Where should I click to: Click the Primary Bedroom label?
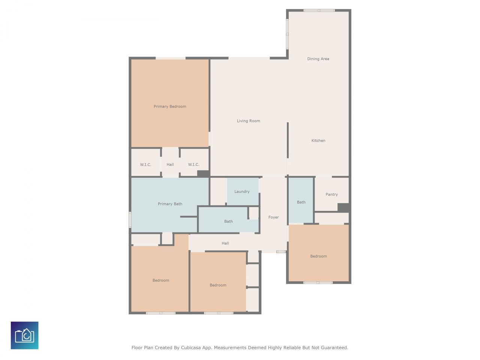tap(170, 106)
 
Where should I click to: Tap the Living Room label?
tap(248, 121)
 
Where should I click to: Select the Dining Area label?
tap(318, 59)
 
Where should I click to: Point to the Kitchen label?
tap(318, 141)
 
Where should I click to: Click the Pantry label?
tap(331, 195)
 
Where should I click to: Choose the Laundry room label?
tap(242, 192)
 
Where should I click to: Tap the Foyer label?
tap(273, 217)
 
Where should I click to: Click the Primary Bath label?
tap(170, 204)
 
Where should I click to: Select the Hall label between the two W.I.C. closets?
tap(170, 165)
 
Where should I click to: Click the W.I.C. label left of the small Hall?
tap(145, 165)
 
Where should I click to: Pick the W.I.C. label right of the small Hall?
tap(193, 165)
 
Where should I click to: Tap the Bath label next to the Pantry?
tap(301, 202)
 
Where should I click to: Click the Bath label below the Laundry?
tap(228, 222)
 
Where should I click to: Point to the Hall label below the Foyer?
tap(225, 243)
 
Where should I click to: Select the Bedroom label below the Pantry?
tap(318, 256)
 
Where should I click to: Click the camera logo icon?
tap(24, 335)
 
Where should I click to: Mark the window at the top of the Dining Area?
tap(319, 10)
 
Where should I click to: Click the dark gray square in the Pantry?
tap(343, 207)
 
